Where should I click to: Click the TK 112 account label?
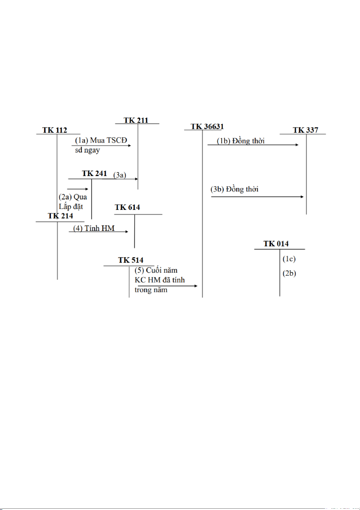click(x=55, y=130)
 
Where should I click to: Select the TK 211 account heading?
click(x=136, y=120)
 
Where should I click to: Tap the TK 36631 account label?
click(x=207, y=127)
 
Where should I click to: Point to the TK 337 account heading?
click(x=305, y=130)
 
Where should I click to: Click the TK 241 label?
click(x=94, y=174)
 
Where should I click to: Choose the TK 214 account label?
click(x=60, y=216)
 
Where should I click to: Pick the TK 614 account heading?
click(x=127, y=208)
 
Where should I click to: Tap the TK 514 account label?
click(x=131, y=260)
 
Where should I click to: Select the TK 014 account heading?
click(x=276, y=244)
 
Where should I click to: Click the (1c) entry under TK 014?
click(x=289, y=259)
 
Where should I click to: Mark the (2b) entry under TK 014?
click(x=289, y=274)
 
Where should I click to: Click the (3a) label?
click(x=120, y=175)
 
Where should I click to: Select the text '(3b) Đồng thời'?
click(x=234, y=189)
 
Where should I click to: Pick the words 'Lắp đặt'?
click(x=70, y=206)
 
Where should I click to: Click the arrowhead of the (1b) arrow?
click(x=297, y=145)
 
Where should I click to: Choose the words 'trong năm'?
click(x=149, y=289)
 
